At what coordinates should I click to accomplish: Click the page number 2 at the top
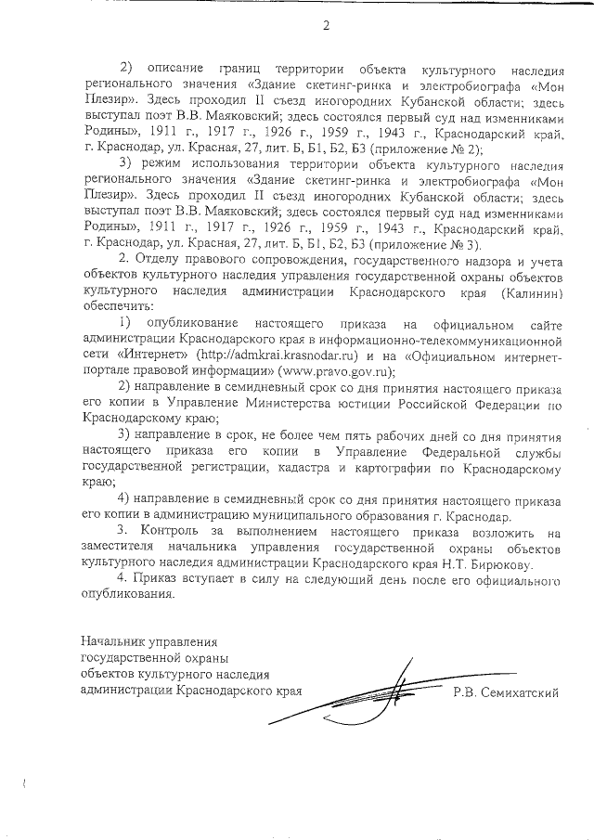click(326, 25)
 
